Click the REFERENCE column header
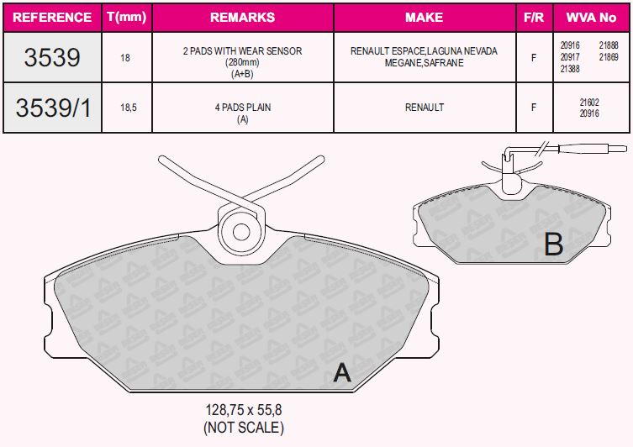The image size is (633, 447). point(52,18)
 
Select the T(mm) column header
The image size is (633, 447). point(127,17)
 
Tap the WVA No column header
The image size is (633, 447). point(591,18)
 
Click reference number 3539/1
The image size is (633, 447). point(53,108)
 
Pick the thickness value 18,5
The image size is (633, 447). point(129,108)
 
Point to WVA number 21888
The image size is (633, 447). point(609,45)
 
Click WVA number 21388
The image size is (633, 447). point(570,69)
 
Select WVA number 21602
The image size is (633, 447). point(589,103)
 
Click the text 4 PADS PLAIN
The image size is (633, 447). point(243,108)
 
